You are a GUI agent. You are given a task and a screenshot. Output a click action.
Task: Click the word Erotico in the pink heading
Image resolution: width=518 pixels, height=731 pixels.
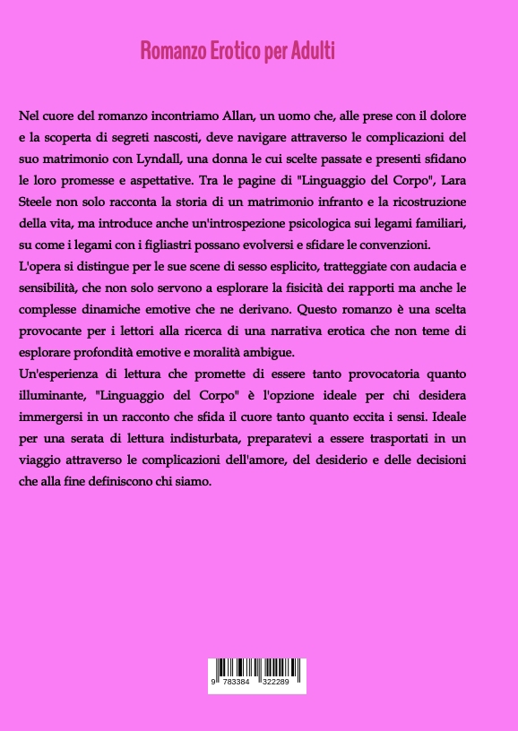(228, 51)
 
